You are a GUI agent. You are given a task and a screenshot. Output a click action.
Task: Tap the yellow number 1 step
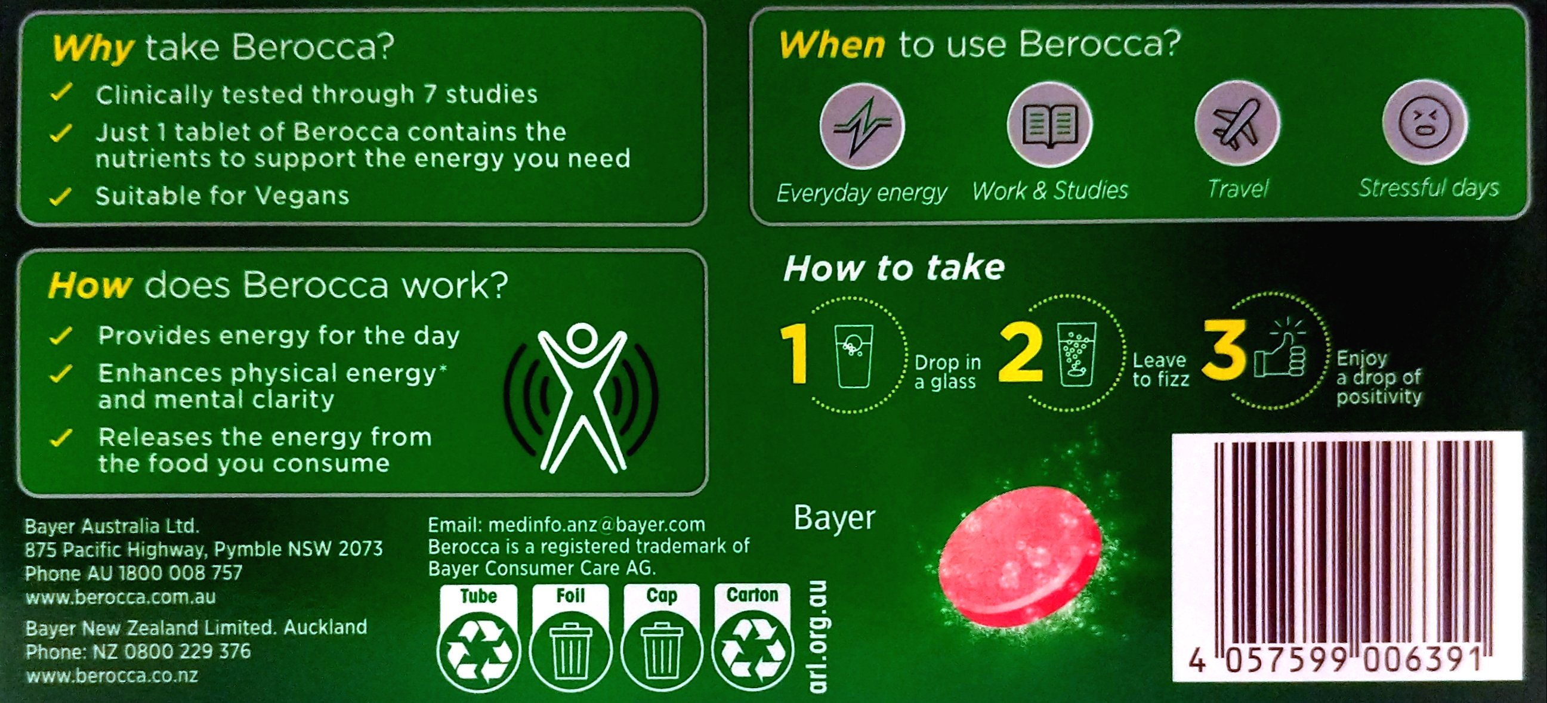point(796,355)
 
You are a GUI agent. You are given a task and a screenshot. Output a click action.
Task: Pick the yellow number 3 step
point(1225,351)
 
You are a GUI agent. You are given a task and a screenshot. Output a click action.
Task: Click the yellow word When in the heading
point(832,45)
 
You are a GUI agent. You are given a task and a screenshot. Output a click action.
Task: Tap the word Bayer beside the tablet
point(834,518)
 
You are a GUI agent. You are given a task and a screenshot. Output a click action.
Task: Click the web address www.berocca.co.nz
point(112,676)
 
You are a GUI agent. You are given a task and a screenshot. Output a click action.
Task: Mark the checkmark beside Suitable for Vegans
point(61,196)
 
